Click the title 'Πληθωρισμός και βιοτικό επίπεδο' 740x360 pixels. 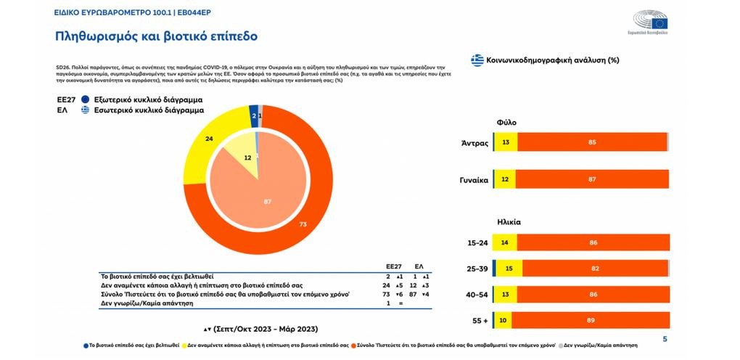click(x=157, y=36)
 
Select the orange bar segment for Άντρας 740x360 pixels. click(x=592, y=142)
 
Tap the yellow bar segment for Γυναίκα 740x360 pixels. click(x=505, y=179)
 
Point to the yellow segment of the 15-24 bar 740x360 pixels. click(x=506, y=242)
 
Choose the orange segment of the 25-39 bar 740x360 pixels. click(x=594, y=269)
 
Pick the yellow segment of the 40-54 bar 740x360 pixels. click(x=505, y=294)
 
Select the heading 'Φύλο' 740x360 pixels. click(x=506, y=123)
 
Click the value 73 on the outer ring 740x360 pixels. click(x=303, y=225)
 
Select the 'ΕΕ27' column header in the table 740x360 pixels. click(x=392, y=266)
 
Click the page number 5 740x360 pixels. click(x=665, y=340)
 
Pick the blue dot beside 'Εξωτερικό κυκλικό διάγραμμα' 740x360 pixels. click(x=86, y=99)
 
